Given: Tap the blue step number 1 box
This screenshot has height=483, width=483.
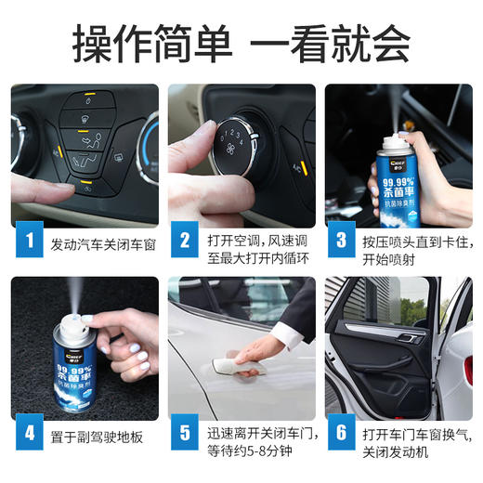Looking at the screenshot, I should pos(29,243).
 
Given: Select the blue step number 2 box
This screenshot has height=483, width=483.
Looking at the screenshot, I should pos(185,243).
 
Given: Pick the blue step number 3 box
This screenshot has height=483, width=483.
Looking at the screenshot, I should pos(341,243).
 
